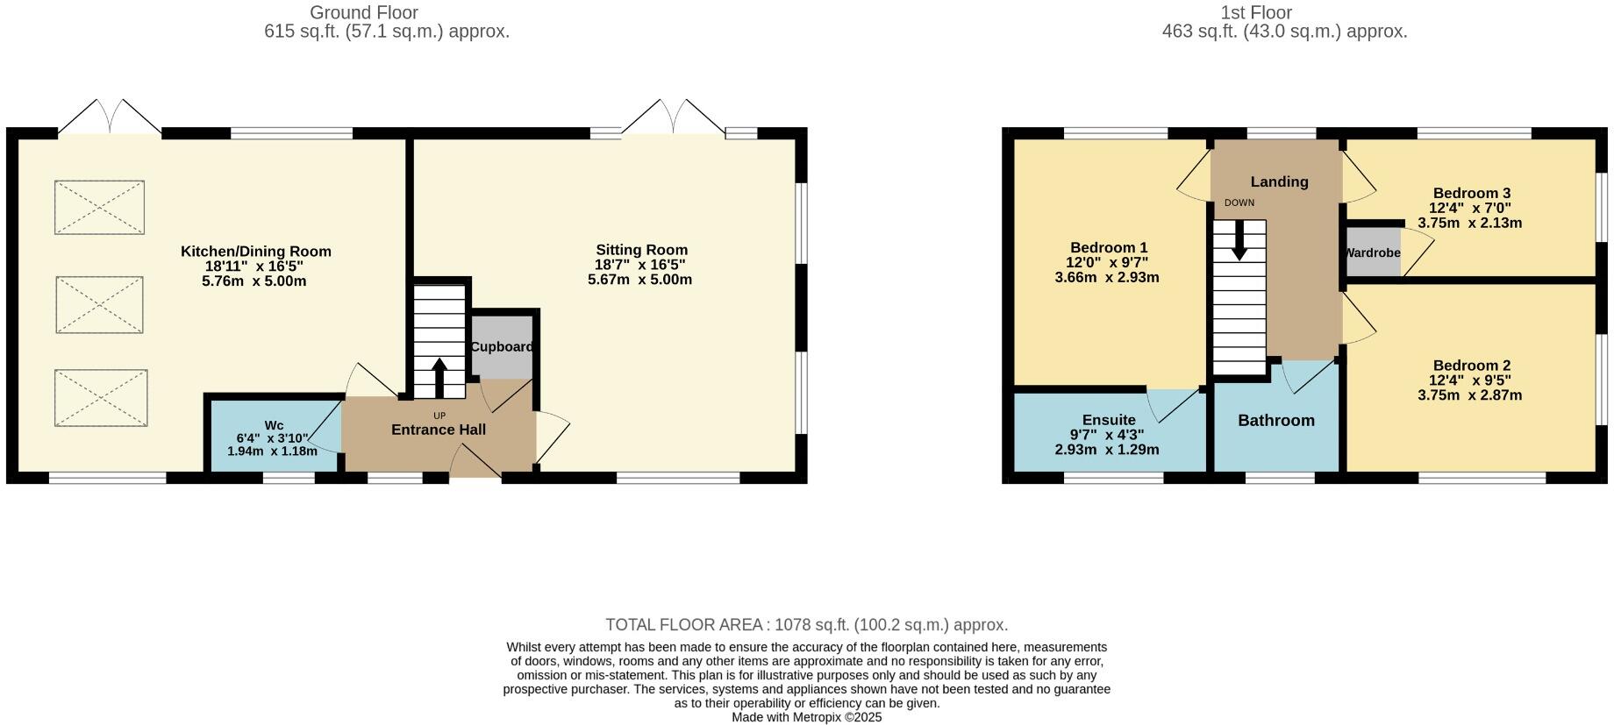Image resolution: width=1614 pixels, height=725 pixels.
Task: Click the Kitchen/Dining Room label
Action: click(255, 252)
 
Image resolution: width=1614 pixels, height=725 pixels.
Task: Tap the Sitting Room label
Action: click(641, 250)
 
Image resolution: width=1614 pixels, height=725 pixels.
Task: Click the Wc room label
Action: click(274, 425)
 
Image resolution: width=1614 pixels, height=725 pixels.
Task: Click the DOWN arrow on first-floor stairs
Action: click(1239, 239)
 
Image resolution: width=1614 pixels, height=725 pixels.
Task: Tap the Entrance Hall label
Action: click(438, 430)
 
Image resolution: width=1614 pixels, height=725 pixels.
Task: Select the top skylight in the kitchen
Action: click(99, 208)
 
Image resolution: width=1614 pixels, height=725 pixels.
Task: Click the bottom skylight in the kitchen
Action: click(101, 398)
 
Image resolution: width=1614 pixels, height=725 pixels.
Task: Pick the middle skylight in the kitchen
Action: click(99, 305)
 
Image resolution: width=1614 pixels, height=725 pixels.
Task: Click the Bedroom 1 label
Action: click(1108, 248)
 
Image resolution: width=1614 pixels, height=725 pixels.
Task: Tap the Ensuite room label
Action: click(1109, 420)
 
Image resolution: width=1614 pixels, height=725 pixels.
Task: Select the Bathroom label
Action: click(1275, 421)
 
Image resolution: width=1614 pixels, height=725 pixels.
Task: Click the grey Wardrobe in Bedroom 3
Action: click(1373, 252)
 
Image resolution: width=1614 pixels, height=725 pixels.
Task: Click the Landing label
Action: click(1279, 181)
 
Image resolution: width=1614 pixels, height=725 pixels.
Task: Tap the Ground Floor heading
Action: click(363, 13)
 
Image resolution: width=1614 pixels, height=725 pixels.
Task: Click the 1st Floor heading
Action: click(1256, 13)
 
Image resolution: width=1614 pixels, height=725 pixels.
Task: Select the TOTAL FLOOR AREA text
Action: click(806, 625)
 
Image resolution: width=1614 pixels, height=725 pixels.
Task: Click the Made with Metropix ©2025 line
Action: click(806, 717)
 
